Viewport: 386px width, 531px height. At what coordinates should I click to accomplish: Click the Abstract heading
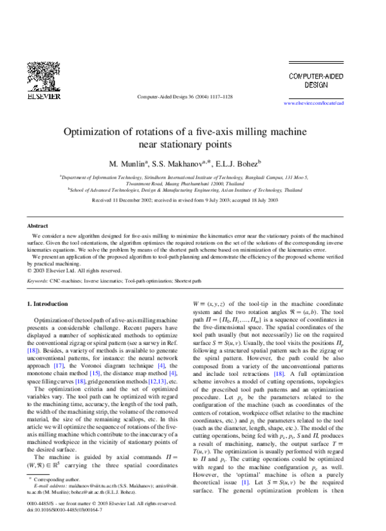tap(37, 227)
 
